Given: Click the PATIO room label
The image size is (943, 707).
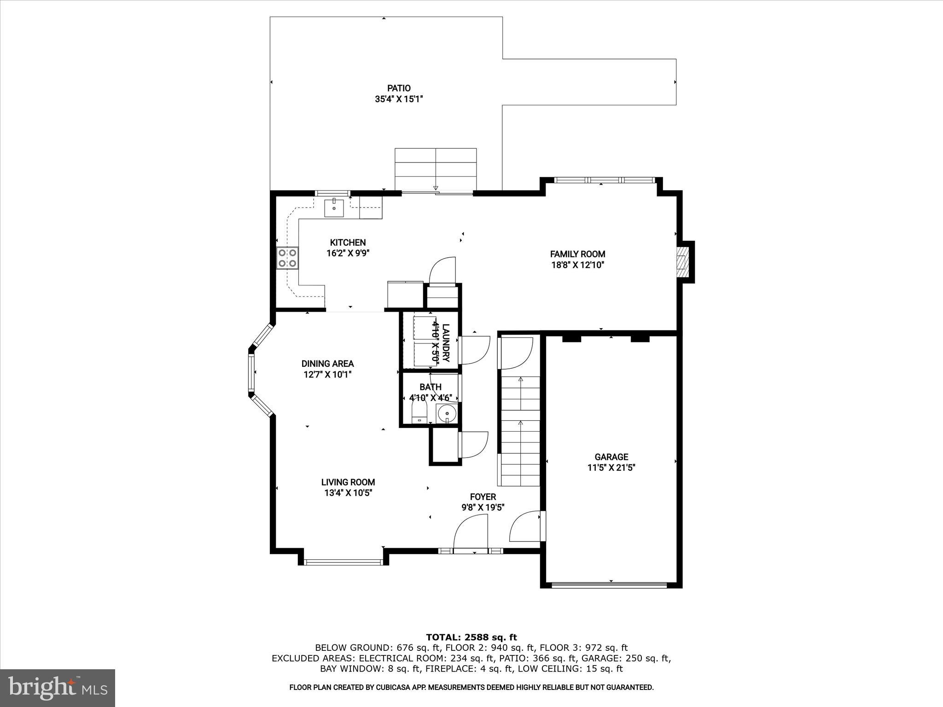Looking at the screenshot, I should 398,88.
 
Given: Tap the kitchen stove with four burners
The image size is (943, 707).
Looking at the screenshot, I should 287,258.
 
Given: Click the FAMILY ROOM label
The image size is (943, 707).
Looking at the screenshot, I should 577,254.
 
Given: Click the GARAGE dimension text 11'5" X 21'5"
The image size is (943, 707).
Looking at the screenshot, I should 611,468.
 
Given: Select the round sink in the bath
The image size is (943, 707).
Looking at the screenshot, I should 446,414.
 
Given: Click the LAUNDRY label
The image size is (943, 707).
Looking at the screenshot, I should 445,343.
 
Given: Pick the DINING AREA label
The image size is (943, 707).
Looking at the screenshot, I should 327,364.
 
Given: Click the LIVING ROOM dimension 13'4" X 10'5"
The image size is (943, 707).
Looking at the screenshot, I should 348,493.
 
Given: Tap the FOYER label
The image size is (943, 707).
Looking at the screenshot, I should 483,497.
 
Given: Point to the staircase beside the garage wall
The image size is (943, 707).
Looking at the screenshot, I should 520,430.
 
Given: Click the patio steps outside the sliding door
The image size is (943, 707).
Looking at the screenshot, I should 436,168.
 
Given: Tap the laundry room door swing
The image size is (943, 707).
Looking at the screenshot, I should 475,350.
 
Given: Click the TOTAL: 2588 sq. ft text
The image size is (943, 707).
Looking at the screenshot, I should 471,637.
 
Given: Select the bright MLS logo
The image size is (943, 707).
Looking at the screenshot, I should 58,687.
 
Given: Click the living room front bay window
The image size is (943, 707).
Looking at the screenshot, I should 343,562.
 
